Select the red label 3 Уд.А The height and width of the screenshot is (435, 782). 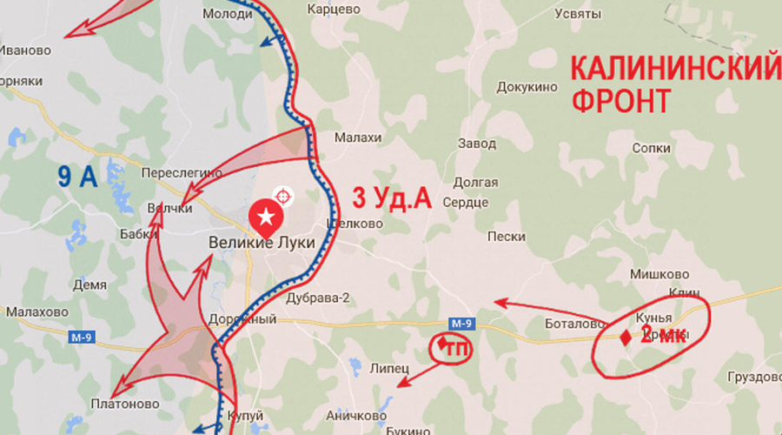tap(391, 199)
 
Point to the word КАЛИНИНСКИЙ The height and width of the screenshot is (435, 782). tap(674, 68)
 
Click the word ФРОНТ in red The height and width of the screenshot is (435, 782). tap(620, 100)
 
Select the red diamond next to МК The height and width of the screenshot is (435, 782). tap(626, 337)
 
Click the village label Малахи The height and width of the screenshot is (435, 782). tap(358, 137)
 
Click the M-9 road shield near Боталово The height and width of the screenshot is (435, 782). tap(463, 325)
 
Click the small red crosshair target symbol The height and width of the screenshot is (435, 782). tap(282, 194)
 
